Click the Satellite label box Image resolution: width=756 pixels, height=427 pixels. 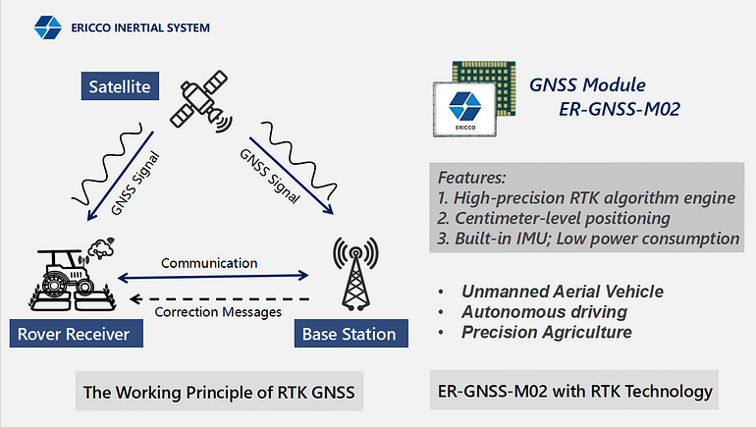[120, 87]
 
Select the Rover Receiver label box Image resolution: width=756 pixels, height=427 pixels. [73, 335]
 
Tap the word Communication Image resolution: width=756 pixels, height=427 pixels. [209, 263]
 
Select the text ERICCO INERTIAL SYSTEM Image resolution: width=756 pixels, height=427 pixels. [140, 27]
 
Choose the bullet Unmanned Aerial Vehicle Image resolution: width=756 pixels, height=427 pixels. [563, 292]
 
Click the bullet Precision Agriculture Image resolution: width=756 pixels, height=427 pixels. [547, 332]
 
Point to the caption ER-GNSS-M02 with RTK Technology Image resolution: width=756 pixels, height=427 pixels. [575, 391]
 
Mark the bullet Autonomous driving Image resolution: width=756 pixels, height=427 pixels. [545, 312]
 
